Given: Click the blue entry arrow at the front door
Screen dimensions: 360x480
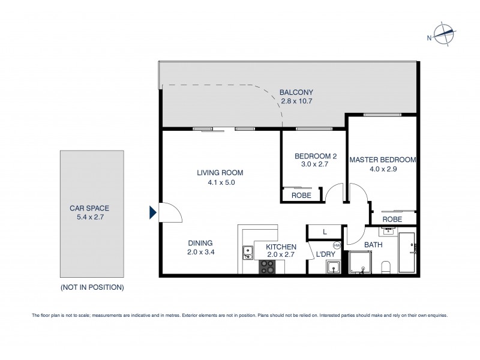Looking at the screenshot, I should (152, 211).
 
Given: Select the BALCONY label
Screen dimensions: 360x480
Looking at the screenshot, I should (296, 92).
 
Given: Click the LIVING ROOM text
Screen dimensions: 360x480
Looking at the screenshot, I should (220, 173).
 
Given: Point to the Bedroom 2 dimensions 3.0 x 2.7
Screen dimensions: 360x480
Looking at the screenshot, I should (315, 166).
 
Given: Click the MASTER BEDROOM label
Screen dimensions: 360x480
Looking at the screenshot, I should (383, 160).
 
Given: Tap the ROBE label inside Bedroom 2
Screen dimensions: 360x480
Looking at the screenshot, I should (301, 196).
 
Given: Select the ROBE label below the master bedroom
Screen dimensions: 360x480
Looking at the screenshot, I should (392, 220).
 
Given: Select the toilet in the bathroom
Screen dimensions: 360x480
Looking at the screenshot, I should (387, 266).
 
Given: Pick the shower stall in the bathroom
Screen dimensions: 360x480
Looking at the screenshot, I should (361, 262).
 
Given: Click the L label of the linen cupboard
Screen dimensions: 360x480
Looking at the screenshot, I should (325, 232).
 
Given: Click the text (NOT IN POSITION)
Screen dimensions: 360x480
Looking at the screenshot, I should (92, 287).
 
